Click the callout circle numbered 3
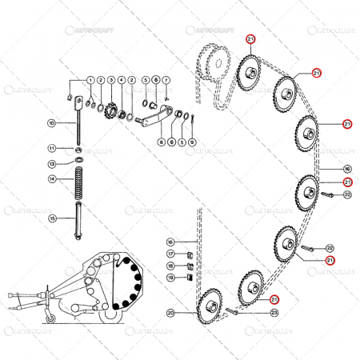pyautogui.click(x=111, y=80)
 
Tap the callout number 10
pyautogui.click(x=51, y=123)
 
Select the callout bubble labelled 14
pyautogui.click(x=51, y=179)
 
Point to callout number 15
pyautogui.click(x=51, y=218)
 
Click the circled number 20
pyautogui.click(x=170, y=312)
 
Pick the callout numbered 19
pyautogui.click(x=170, y=278)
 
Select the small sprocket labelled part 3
pyautogui.click(x=111, y=110)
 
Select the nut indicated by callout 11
pyautogui.click(x=78, y=149)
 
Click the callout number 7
pyautogui.click(x=166, y=80)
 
